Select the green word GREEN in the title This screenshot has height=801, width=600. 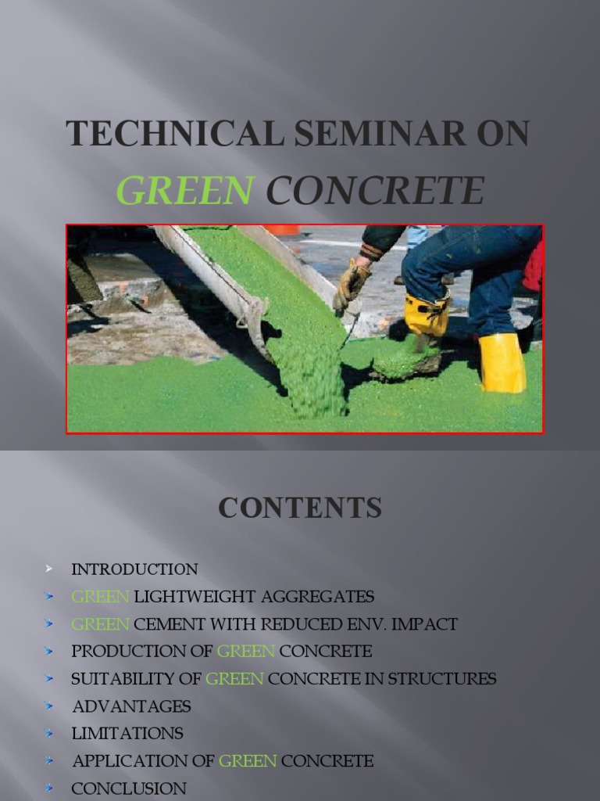185,191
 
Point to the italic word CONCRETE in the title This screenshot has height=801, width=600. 375,191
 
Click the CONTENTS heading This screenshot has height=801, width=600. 300,508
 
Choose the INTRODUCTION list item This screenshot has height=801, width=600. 134,569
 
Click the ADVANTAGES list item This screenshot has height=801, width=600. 131,706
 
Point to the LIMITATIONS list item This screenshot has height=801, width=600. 127,734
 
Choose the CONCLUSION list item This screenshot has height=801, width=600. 129,788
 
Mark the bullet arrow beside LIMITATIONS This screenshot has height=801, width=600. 49,734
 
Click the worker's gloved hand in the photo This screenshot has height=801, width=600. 350,283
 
